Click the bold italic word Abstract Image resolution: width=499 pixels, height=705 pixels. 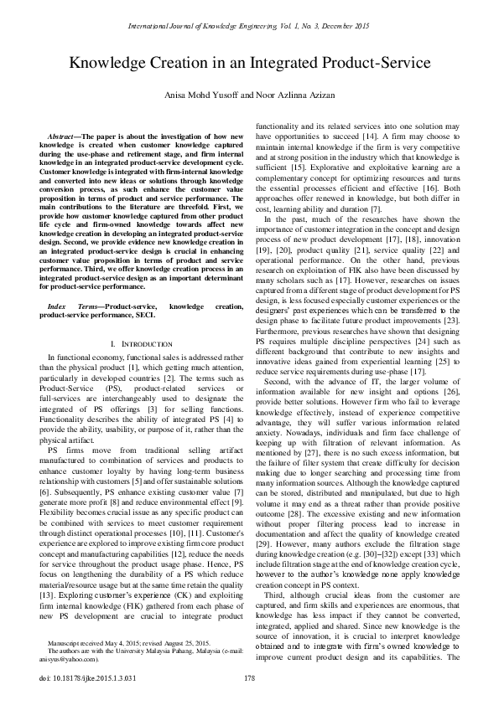point(64,135)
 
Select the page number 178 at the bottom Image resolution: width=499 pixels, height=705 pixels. point(249,678)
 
